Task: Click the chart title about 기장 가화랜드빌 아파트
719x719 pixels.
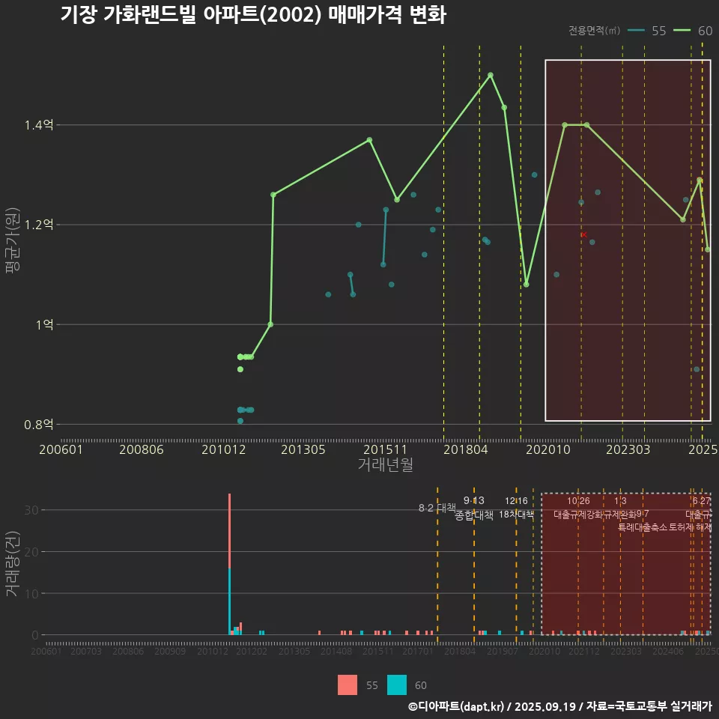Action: [x=253, y=15]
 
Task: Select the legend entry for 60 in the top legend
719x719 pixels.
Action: [x=694, y=31]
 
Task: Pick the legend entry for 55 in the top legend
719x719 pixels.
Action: [x=648, y=31]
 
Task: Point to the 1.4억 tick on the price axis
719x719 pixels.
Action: [x=38, y=125]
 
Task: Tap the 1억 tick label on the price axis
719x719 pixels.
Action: [x=43, y=324]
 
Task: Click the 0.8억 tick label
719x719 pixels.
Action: [x=38, y=424]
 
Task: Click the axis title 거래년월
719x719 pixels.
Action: [x=385, y=464]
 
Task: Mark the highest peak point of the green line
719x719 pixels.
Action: [x=491, y=75]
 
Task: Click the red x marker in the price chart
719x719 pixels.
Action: [x=583, y=234]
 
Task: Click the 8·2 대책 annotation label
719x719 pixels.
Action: [x=437, y=508]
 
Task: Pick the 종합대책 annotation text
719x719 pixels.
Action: [x=474, y=515]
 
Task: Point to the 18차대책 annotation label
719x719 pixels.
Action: [x=516, y=515]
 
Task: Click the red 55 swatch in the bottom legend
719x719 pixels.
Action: [x=348, y=685]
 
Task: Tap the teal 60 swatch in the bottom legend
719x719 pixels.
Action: [x=397, y=685]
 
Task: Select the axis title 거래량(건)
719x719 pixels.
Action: [x=13, y=564]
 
